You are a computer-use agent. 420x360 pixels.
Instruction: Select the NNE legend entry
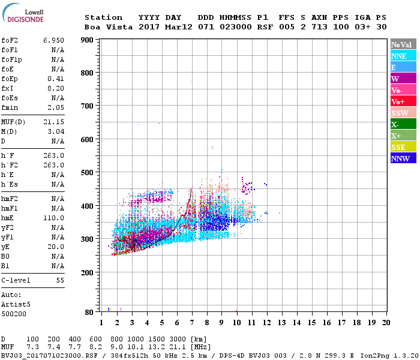(x=403, y=56)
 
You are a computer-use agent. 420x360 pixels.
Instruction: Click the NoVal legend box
(x=403, y=44)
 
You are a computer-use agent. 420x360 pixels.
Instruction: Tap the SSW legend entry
(x=403, y=113)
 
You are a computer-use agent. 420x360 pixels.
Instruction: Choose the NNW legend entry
(x=403, y=158)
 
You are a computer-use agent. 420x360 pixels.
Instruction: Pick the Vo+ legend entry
(x=403, y=101)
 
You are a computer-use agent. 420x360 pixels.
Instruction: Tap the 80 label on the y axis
(x=88, y=313)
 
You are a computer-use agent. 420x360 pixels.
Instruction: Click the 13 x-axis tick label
(x=281, y=323)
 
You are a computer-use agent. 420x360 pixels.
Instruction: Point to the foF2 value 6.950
(x=53, y=40)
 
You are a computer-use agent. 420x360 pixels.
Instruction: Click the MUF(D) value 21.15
(x=53, y=122)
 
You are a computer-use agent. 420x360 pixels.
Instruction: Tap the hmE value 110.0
(x=53, y=218)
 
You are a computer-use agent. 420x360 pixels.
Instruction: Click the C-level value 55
(x=60, y=280)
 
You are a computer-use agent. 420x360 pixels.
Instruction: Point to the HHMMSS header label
(x=236, y=17)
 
